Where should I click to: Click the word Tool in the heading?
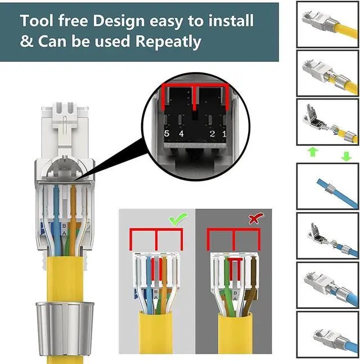click(38, 21)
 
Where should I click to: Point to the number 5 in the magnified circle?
click(166, 133)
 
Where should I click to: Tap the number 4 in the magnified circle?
click(181, 133)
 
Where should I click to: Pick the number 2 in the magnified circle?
click(211, 133)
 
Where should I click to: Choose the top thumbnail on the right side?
click(327, 24)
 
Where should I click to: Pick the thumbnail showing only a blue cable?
click(327, 186)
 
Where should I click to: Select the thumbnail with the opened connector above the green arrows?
click(327, 123)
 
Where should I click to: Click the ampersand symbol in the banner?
click(26, 41)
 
